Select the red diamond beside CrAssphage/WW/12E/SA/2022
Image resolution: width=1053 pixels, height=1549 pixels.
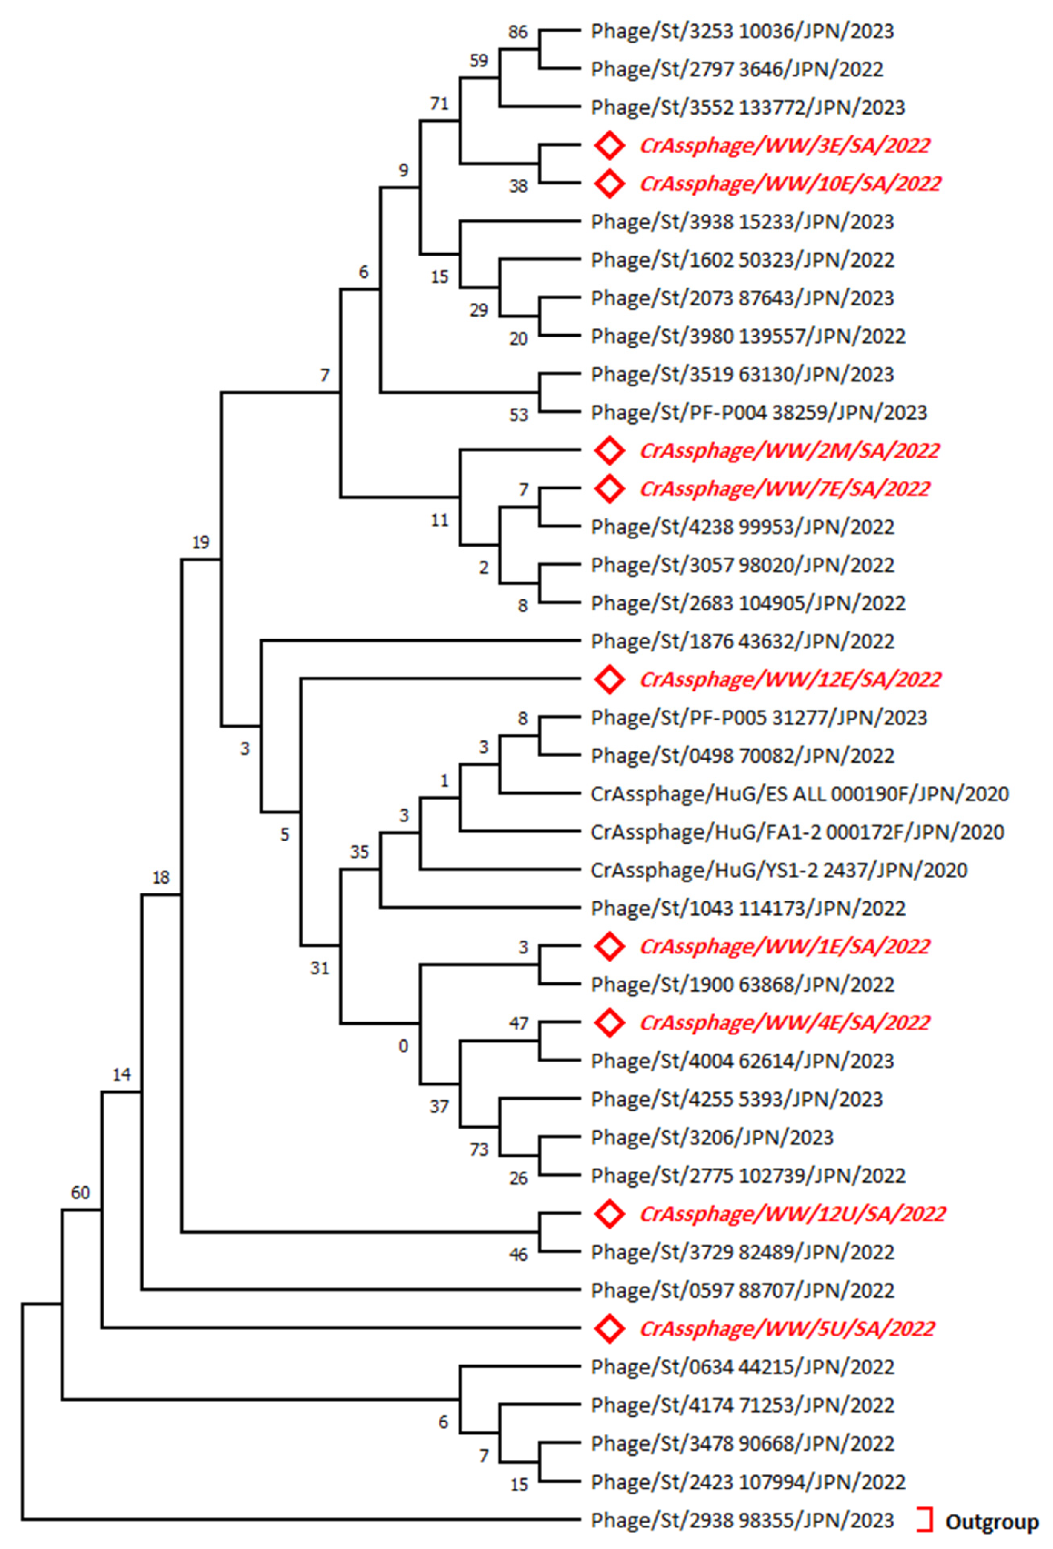pos(609,679)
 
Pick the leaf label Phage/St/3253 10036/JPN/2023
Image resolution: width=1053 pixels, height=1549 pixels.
pos(741,32)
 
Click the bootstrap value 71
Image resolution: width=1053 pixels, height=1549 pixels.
pos(439,104)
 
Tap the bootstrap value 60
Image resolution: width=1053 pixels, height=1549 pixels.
pos(80,1192)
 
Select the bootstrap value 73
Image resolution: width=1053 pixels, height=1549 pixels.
pos(479,1149)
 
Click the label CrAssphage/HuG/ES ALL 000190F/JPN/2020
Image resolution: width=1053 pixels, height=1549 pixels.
pos(799,794)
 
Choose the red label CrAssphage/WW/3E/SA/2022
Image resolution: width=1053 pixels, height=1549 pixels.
pos(784,145)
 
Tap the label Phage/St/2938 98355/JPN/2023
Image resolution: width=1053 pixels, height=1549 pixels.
pos(741,1520)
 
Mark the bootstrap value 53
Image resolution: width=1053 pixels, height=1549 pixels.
pos(518,415)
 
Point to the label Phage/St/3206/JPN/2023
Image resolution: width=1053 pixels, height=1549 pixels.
pos(712,1137)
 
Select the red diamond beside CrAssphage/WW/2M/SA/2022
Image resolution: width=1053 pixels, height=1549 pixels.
pos(609,451)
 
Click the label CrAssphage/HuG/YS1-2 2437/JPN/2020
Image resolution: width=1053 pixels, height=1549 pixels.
pos(778,870)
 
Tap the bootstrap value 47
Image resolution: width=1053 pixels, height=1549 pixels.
pos(518,1023)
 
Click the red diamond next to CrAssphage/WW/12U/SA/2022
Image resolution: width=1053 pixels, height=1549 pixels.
pos(609,1214)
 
